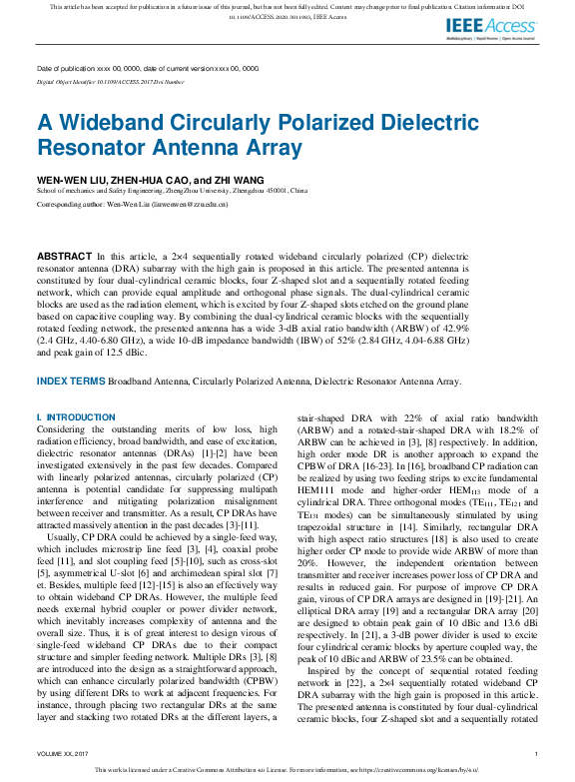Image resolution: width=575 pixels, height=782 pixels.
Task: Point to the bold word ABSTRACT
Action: click(70, 257)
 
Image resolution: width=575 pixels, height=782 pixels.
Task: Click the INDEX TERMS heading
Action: click(70, 381)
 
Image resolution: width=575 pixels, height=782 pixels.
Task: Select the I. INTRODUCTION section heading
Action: click(76, 416)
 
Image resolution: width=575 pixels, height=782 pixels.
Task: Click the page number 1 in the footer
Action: click(536, 753)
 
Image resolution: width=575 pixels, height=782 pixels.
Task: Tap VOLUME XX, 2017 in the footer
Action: click(63, 753)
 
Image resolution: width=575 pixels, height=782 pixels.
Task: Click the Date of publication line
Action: click(148, 68)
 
